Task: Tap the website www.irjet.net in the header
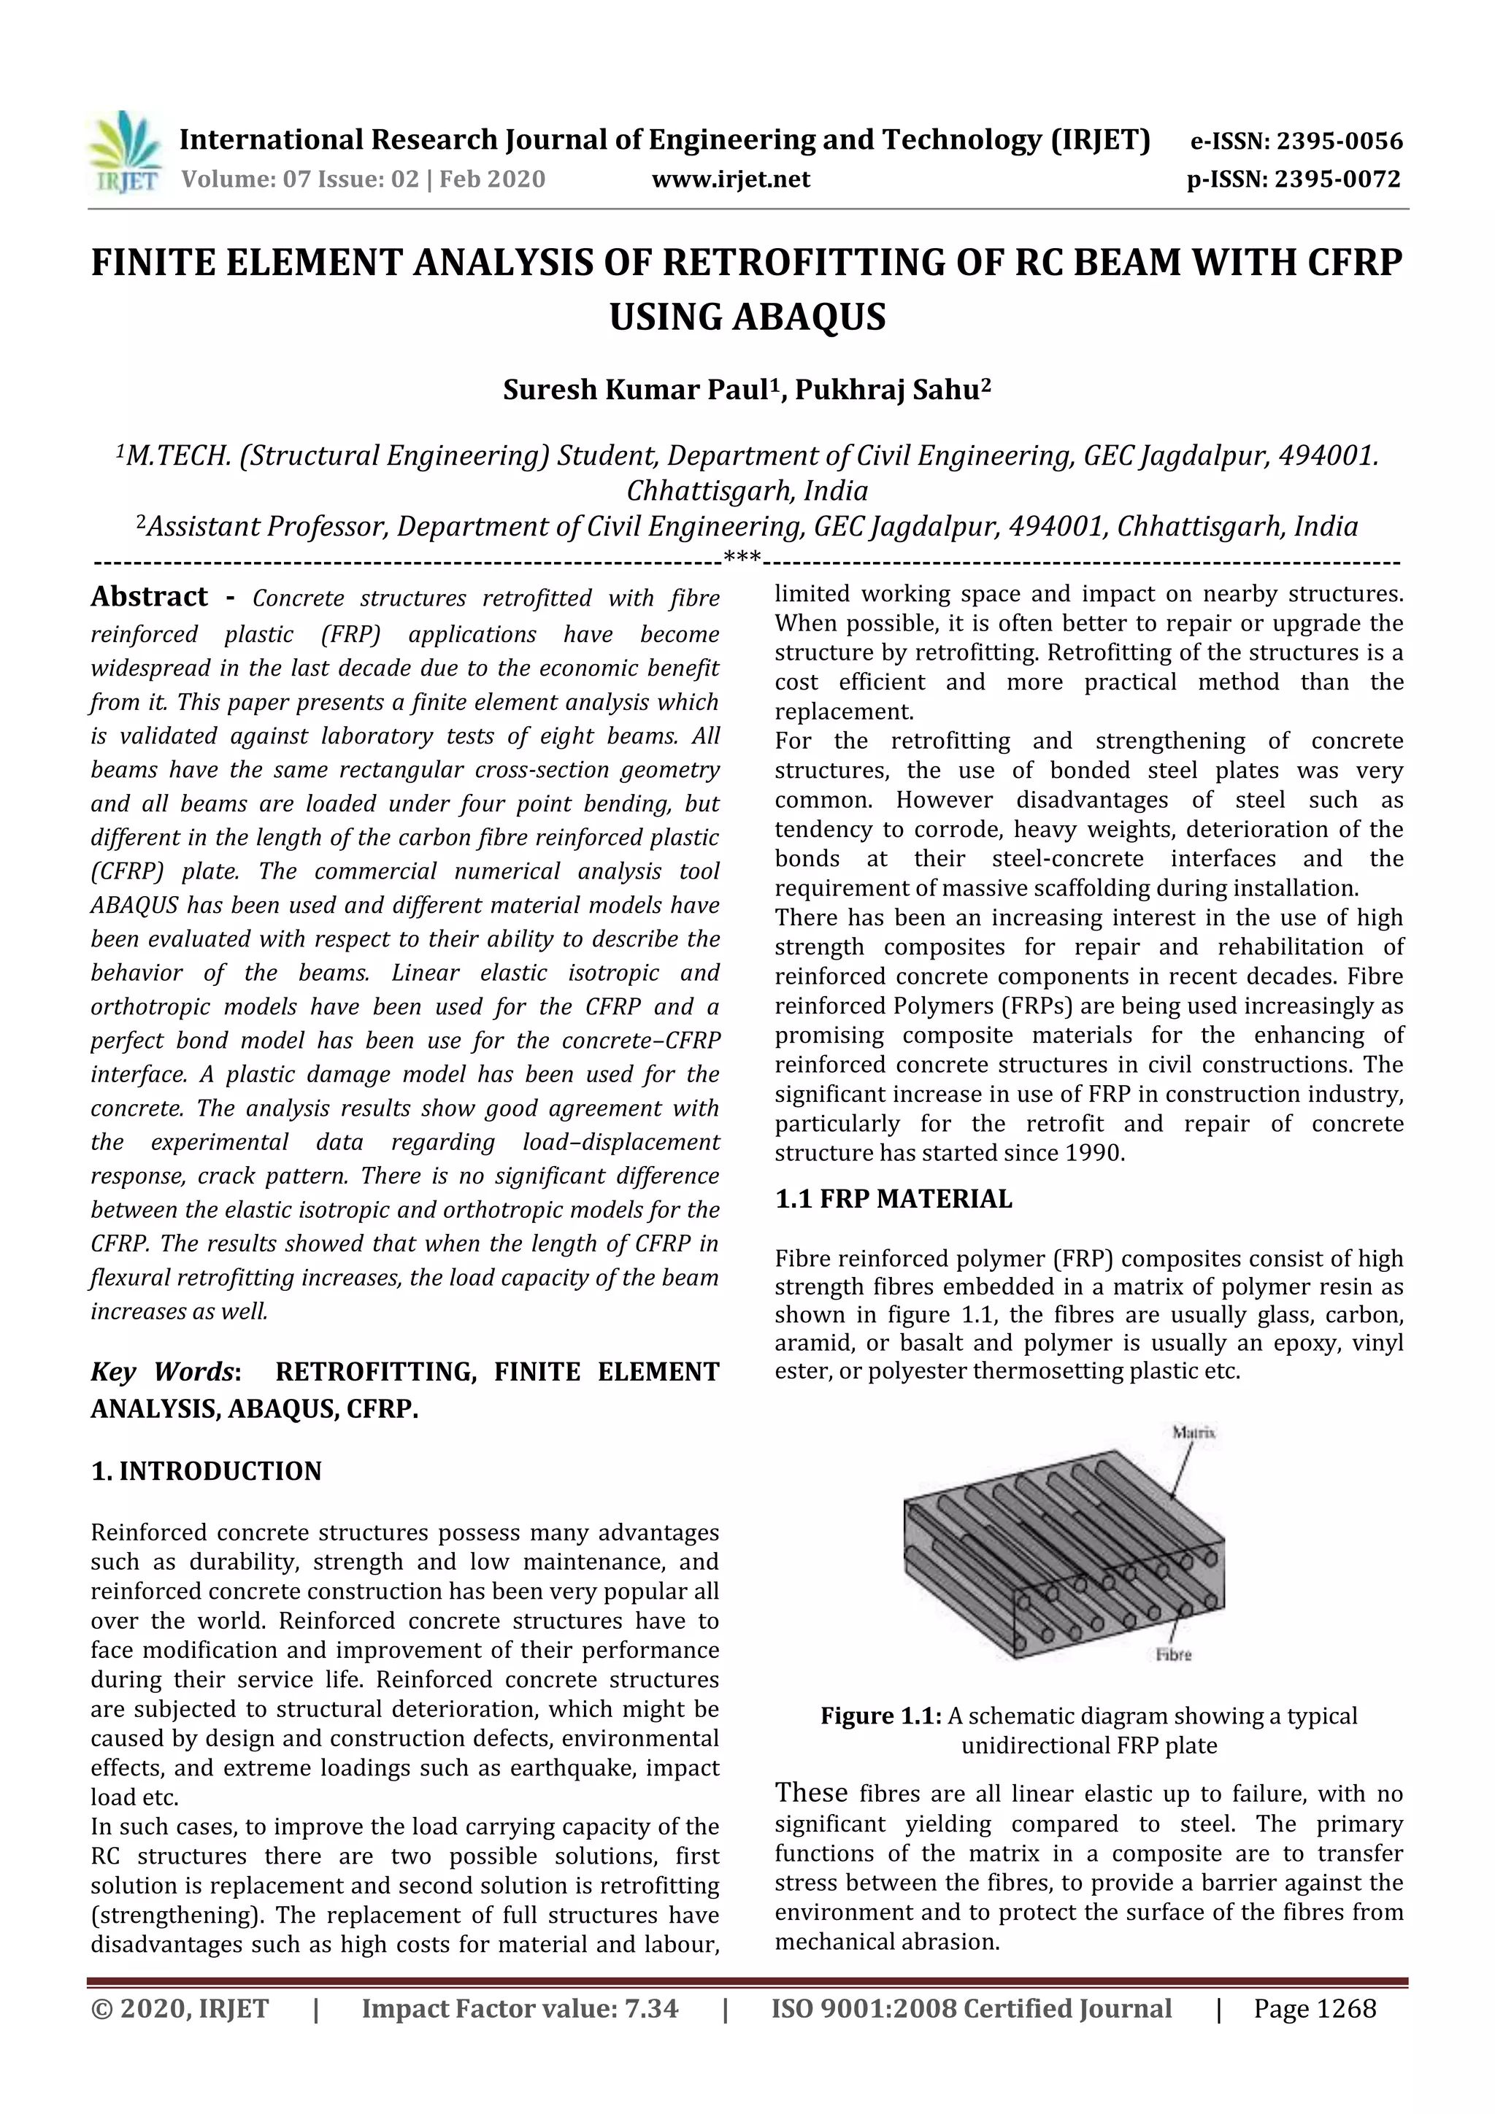(x=731, y=180)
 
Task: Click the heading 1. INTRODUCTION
(x=207, y=1471)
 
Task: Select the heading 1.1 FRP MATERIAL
(x=893, y=1199)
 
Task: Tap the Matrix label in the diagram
(x=1193, y=1432)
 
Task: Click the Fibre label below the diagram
(x=1172, y=1654)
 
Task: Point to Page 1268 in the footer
(x=1315, y=2009)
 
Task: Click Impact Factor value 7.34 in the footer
(x=520, y=2009)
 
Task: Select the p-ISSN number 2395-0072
(x=1337, y=180)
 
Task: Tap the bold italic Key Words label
(x=165, y=1372)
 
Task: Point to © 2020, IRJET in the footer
(x=180, y=2009)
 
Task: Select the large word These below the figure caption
(x=810, y=1793)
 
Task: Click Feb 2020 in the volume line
(x=492, y=180)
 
